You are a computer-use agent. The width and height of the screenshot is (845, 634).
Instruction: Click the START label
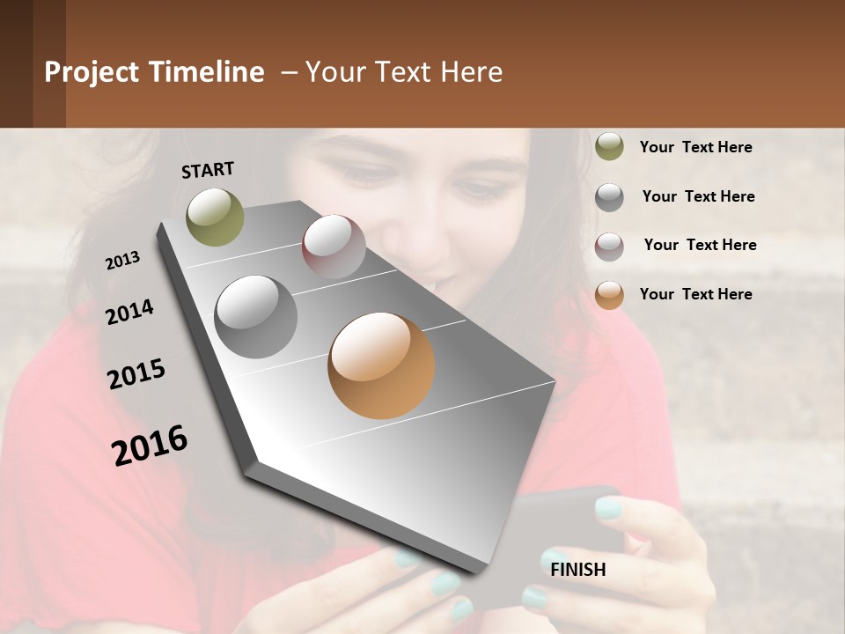tap(208, 170)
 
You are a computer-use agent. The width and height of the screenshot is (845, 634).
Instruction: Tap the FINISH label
tap(577, 570)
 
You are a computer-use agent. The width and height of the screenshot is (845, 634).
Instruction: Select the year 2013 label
tap(122, 261)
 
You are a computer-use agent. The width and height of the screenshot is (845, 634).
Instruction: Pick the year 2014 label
tap(129, 312)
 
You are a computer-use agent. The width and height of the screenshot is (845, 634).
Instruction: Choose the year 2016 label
tap(150, 446)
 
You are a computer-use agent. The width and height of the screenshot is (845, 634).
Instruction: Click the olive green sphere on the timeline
tap(215, 217)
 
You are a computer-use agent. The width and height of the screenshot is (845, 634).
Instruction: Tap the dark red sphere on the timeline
tap(334, 247)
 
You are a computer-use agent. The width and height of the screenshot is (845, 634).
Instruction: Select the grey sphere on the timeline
tap(255, 316)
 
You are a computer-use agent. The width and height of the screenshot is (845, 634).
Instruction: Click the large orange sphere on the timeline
tap(381, 365)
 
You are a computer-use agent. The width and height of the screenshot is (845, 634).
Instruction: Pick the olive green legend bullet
tap(609, 147)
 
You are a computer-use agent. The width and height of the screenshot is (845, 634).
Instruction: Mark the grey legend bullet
tap(609, 197)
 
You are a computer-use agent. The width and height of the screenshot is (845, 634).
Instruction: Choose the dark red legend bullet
tap(609, 247)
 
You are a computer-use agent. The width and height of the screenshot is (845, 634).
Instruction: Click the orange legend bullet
tap(609, 295)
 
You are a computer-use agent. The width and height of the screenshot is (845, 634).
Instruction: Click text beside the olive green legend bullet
tap(695, 147)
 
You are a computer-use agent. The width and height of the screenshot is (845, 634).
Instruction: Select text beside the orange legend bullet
tap(695, 294)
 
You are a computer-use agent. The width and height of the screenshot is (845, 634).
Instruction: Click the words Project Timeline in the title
tap(154, 72)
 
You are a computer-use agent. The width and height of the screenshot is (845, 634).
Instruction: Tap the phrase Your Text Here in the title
tap(403, 72)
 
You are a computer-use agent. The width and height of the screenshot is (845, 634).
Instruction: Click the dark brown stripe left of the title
tap(16, 63)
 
